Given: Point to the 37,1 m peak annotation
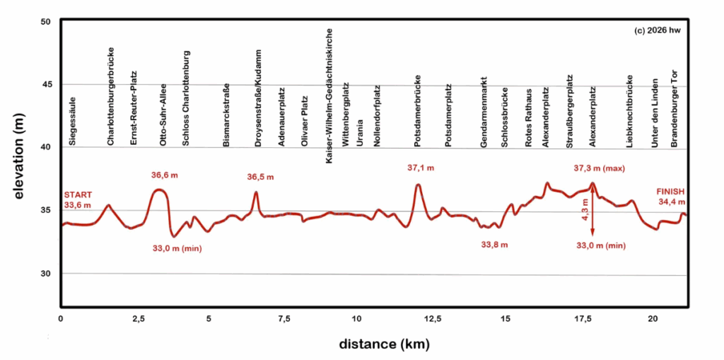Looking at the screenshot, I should click(421, 168).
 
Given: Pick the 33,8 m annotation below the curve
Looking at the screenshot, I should click(494, 245).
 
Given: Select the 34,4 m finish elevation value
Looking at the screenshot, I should click(671, 202).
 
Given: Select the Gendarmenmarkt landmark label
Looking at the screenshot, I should click(484, 112).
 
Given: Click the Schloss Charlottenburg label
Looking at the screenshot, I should click(186, 98).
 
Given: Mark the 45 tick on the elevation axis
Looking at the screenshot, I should click(47, 84).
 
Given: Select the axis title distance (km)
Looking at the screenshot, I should click(375, 344).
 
